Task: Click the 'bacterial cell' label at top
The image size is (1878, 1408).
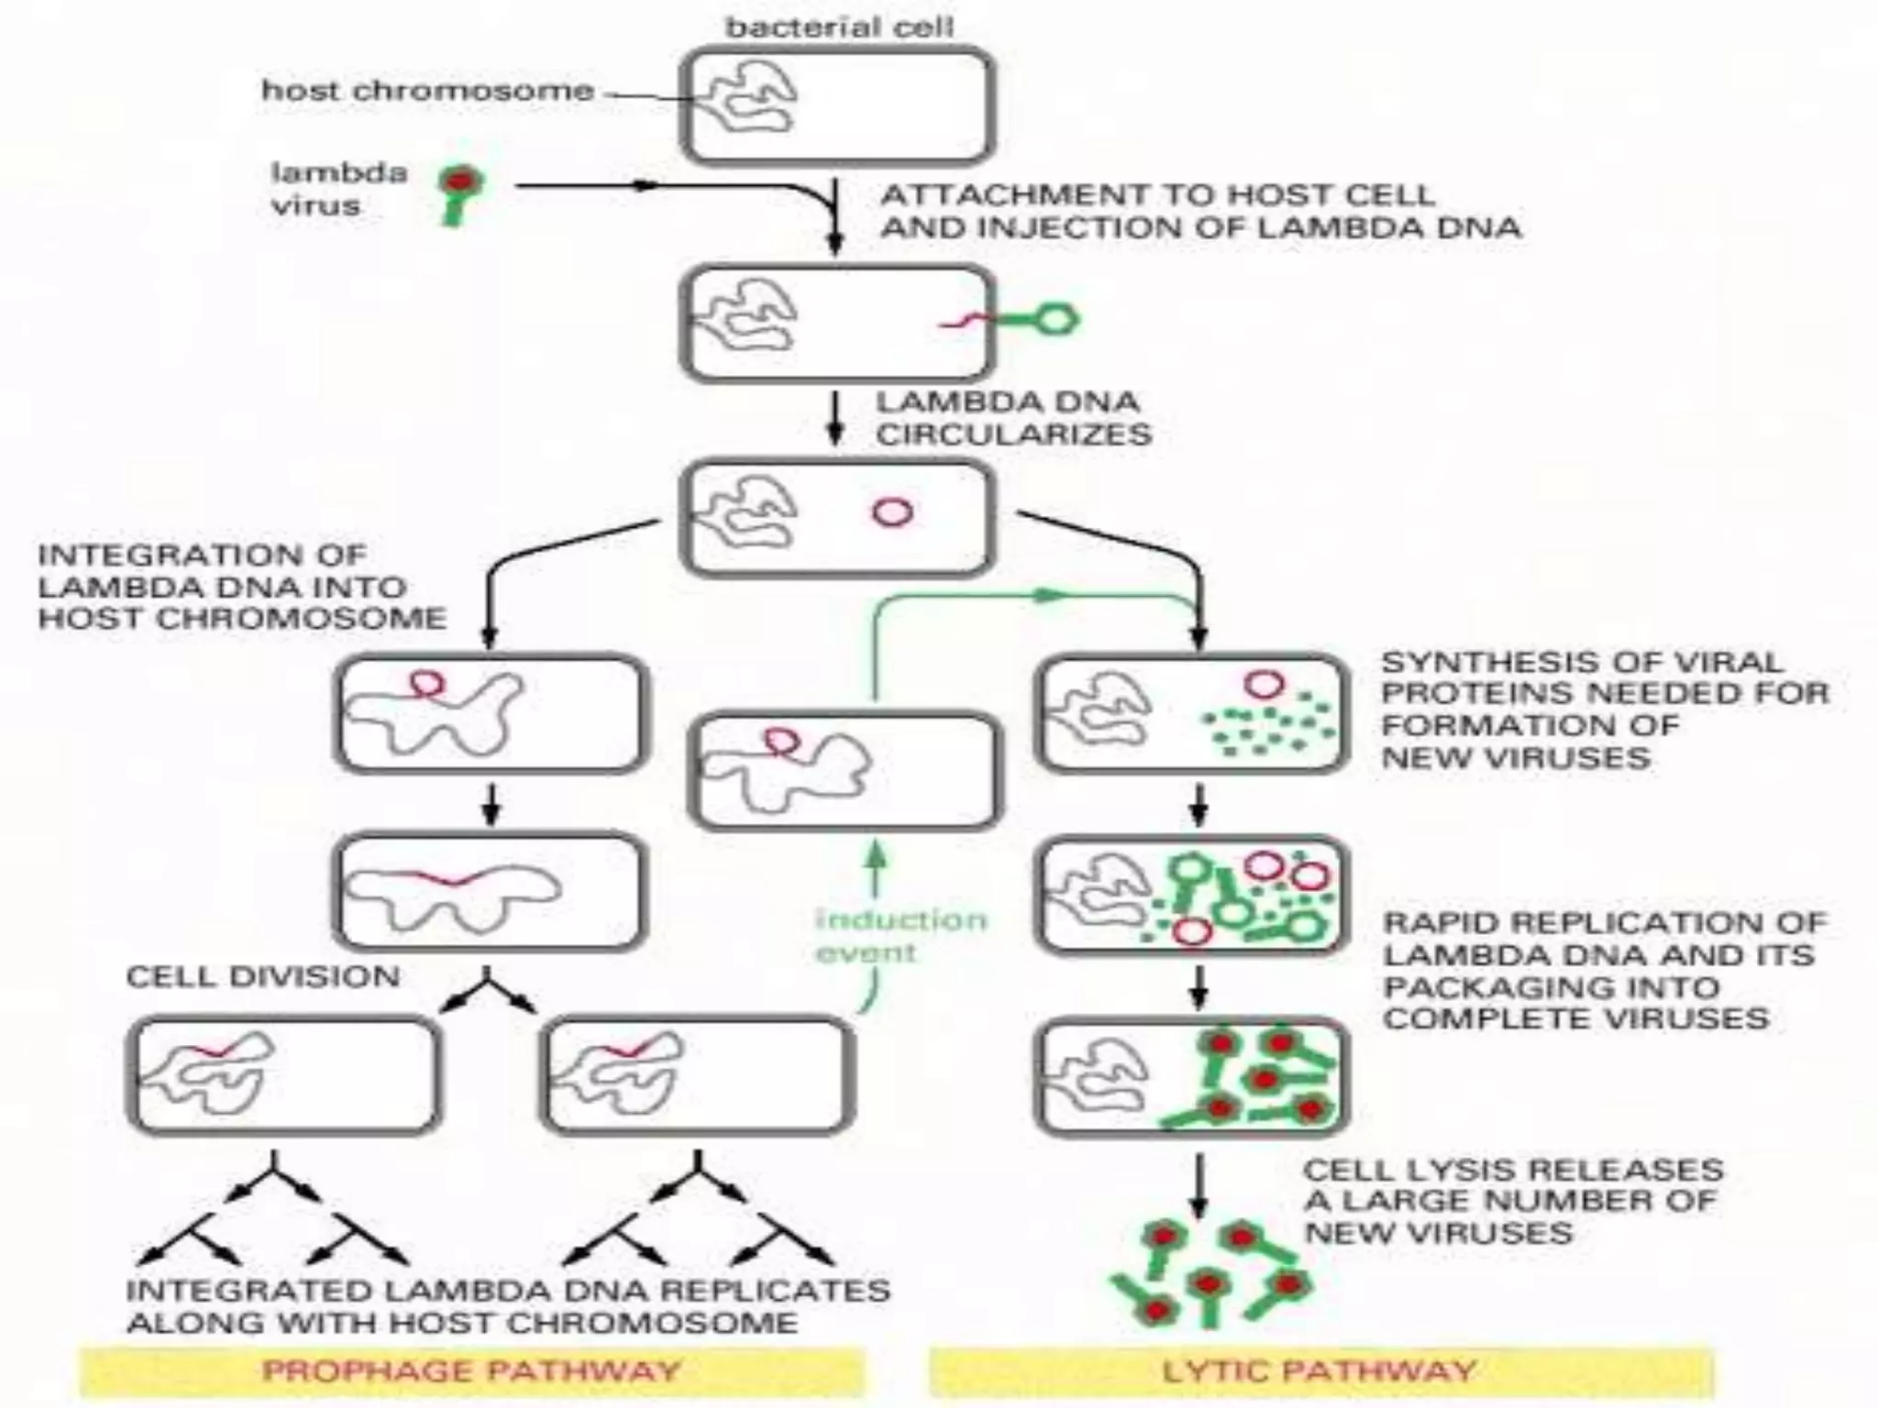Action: point(839,27)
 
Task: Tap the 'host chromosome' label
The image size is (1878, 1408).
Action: point(427,91)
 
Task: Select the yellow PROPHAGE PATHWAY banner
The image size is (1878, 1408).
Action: point(471,1371)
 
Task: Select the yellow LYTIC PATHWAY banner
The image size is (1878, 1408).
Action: point(1320,1371)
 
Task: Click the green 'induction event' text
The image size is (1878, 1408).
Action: point(900,935)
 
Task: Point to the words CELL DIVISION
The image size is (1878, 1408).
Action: point(263,977)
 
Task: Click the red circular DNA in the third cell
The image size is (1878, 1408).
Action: point(892,511)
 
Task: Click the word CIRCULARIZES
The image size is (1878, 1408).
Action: point(1013,434)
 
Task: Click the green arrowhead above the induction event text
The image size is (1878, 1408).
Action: point(878,854)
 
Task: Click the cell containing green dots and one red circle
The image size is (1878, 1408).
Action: point(1191,713)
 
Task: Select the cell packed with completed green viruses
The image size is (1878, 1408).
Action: point(1191,1077)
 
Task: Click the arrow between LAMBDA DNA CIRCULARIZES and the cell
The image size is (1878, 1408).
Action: point(834,420)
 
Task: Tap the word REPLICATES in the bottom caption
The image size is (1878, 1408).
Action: point(774,1291)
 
